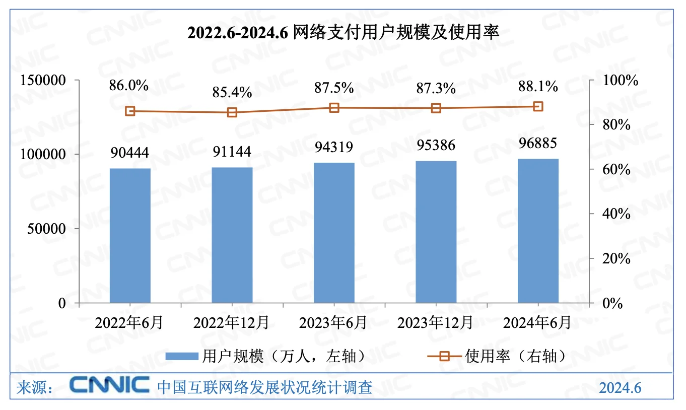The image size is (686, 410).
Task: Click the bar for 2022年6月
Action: click(x=130, y=236)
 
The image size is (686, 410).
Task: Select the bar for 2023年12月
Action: click(x=436, y=232)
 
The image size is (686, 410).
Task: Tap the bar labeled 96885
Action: click(x=538, y=231)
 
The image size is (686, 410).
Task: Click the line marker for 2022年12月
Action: click(x=232, y=112)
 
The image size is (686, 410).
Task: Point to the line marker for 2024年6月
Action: click(x=538, y=106)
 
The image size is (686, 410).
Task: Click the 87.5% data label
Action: click(x=333, y=87)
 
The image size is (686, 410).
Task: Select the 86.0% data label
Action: click(x=129, y=86)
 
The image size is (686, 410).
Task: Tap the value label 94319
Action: click(x=333, y=147)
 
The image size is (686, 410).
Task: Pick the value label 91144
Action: click(x=232, y=151)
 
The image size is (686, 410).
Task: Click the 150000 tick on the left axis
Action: click(x=42, y=81)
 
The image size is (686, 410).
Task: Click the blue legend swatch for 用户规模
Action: click(x=181, y=357)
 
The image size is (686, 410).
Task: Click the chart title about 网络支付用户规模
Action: click(x=342, y=33)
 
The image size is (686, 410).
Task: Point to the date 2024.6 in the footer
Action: click(x=620, y=388)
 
